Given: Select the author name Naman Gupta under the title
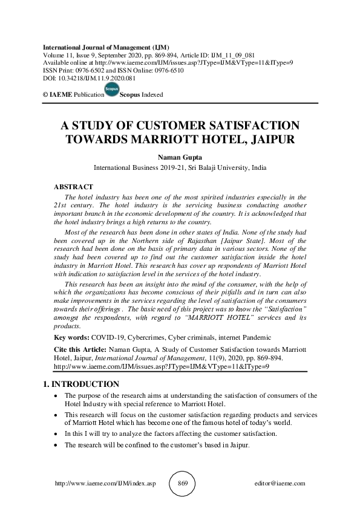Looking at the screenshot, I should [x=180, y=156].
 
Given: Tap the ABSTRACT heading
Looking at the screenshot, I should [x=73, y=187].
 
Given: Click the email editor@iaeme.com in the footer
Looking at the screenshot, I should [x=281, y=484].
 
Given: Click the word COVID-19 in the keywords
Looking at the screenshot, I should [x=107, y=337].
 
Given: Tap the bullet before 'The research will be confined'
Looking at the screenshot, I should [x=56, y=445].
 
